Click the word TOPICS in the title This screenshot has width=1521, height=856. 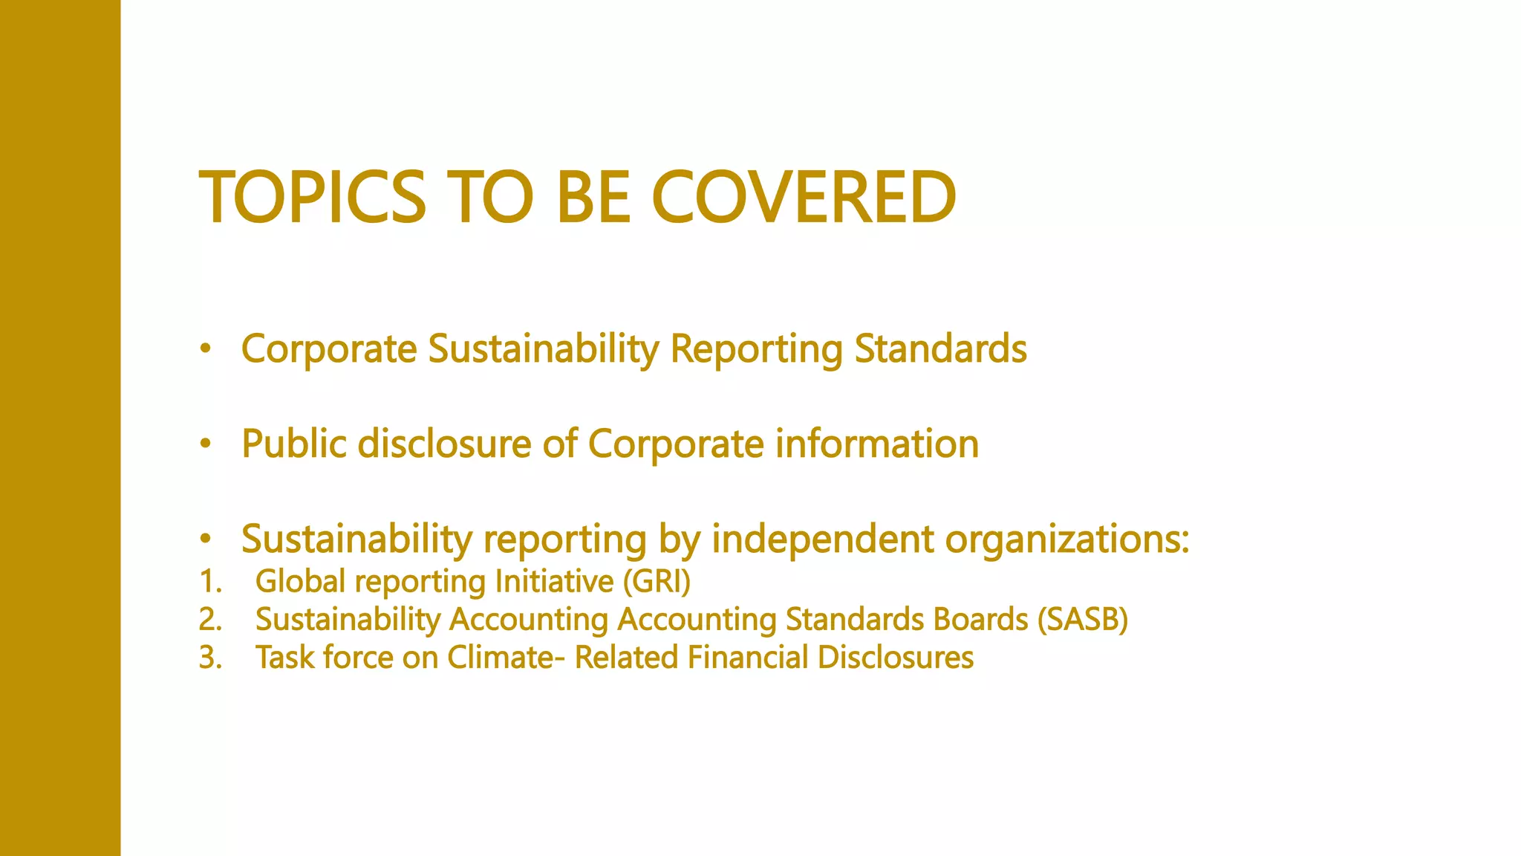[x=313, y=197]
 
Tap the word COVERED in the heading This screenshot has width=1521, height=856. [x=804, y=197]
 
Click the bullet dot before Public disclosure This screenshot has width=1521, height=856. [x=206, y=444]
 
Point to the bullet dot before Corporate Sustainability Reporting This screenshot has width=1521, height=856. [x=206, y=348]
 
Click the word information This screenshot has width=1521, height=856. [x=877, y=444]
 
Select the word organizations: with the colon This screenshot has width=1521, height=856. [x=1066, y=540]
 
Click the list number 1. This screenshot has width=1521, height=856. [x=210, y=582]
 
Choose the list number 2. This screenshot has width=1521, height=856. [x=210, y=620]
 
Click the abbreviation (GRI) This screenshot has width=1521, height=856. [x=657, y=582]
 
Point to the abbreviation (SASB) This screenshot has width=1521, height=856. [x=1083, y=620]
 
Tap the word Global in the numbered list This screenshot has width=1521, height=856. [x=300, y=582]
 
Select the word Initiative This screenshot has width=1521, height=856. [x=554, y=582]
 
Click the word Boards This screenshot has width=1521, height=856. [x=980, y=620]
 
